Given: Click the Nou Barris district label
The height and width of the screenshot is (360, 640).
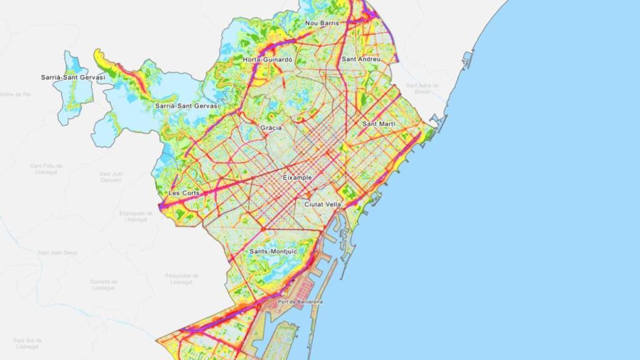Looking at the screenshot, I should coord(322,23).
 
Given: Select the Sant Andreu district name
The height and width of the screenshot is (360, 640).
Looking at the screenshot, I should coord(361,59).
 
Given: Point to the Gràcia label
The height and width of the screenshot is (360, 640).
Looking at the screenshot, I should coord(271,128).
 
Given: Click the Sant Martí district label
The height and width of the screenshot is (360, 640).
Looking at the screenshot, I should coord(379,124).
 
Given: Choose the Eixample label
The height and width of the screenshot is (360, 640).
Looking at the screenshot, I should coord(297,178).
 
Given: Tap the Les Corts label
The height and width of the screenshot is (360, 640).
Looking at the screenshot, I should coord(184,193).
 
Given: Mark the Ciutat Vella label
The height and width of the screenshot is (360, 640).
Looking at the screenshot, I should coord(322,204).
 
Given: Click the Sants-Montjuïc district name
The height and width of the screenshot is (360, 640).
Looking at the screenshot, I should coord(273,251).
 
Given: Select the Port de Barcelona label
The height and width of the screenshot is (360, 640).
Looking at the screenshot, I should coord(301,302).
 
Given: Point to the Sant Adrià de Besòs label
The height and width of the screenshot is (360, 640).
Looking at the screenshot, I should coord(422,88).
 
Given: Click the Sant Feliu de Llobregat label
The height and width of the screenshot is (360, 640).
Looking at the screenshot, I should coord(46,169).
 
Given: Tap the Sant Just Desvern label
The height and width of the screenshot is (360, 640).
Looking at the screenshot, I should coord(111,177).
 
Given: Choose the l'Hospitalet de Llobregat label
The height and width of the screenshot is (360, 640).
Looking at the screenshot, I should coord(181,278).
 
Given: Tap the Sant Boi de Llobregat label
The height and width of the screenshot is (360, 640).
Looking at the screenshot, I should coord(27,343).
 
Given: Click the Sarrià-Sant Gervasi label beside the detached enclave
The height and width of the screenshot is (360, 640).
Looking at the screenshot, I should coord(73,77).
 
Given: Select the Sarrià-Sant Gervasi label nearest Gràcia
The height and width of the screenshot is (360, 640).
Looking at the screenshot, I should coord(187,106).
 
